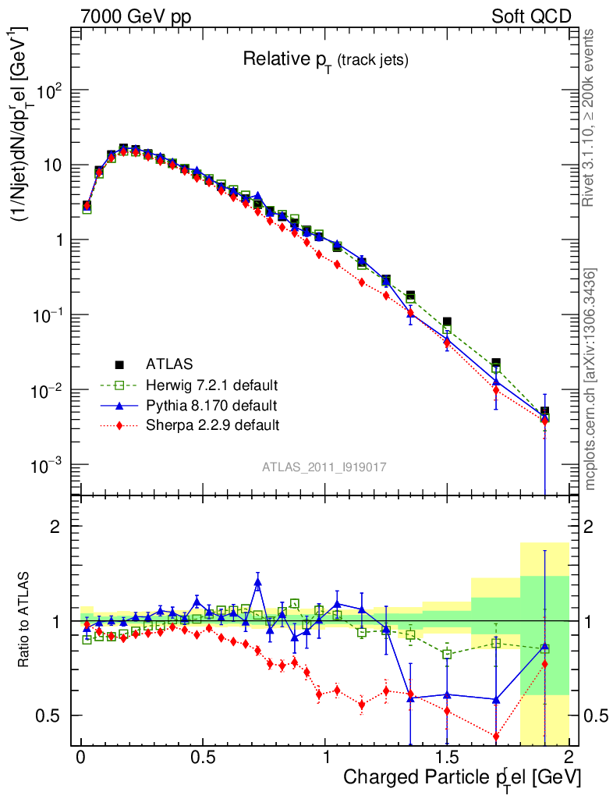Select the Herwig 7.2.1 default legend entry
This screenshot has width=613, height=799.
212,385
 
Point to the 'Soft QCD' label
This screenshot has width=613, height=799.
531,16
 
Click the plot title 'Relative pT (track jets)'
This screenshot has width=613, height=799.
325,59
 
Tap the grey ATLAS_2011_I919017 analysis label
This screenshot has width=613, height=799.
324,467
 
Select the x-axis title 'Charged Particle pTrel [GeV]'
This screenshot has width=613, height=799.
462,777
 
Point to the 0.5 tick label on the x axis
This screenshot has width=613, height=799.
202,758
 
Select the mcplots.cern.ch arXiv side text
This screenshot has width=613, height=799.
591,379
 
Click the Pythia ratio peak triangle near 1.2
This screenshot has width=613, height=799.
258,582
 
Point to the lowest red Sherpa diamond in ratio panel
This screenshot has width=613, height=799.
495,736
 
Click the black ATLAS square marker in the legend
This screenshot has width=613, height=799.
119,364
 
